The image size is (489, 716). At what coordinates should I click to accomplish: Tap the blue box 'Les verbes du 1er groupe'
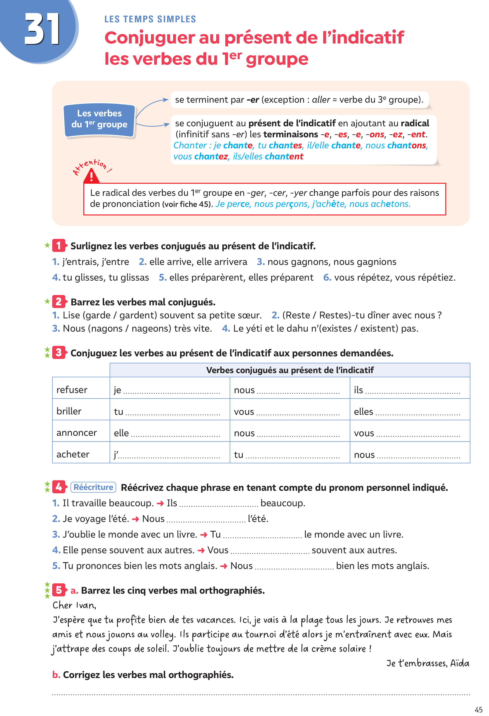99,119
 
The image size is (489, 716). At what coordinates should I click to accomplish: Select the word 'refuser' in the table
72,390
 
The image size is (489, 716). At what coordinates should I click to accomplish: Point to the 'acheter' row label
73,454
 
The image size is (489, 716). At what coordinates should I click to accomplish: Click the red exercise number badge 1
59,246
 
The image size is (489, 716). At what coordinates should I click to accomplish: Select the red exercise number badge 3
59,352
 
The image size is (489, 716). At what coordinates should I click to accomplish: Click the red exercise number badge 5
59,590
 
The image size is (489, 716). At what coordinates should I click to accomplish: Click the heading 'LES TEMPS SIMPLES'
150,19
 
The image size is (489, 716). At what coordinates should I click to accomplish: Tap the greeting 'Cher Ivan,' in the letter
74,605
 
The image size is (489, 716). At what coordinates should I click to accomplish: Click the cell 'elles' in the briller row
363,412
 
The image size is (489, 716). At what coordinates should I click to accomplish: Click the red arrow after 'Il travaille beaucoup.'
160,503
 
